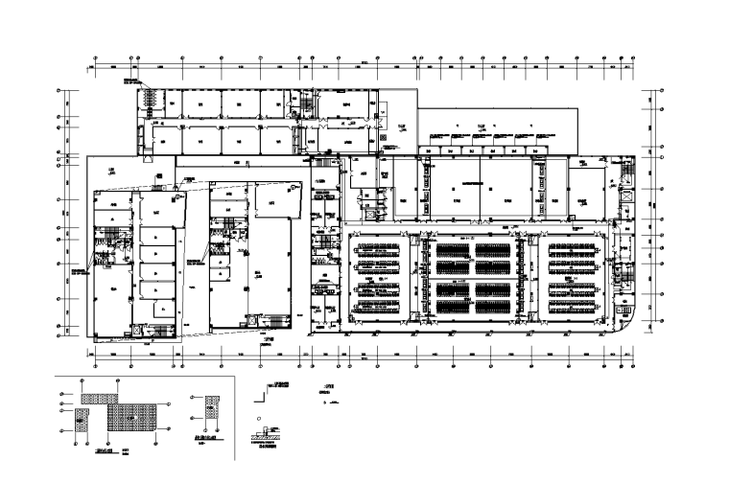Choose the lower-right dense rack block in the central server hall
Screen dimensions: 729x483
click(x=493, y=306)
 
